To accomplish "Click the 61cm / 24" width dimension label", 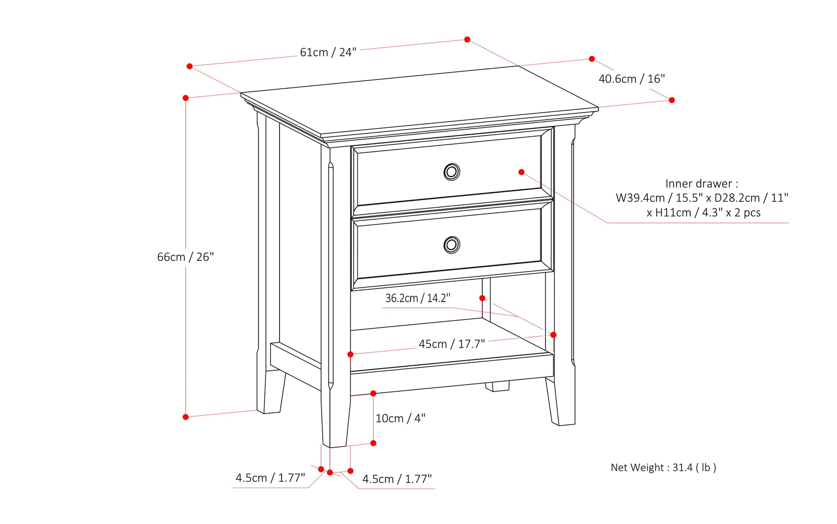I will tap(328, 52).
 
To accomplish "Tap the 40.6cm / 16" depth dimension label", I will tap(631, 79).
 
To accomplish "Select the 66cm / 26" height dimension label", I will tap(185, 257).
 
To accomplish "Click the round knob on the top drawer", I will tap(452, 172).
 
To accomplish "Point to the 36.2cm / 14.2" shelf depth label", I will tap(418, 298).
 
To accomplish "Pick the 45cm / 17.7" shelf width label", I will tap(452, 344).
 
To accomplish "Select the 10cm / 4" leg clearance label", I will tap(400, 418).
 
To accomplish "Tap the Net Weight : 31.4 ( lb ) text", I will tap(663, 467).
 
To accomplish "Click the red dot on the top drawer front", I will tap(521, 172).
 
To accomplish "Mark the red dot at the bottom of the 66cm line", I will tap(186, 417).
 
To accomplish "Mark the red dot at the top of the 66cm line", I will tap(186, 98).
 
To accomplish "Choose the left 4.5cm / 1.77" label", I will tap(270, 478).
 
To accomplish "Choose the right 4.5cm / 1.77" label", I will tap(397, 479).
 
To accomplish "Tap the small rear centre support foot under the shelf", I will tap(498, 386).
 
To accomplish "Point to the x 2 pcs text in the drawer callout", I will tap(744, 212).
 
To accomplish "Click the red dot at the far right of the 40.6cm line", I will tap(672, 100).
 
